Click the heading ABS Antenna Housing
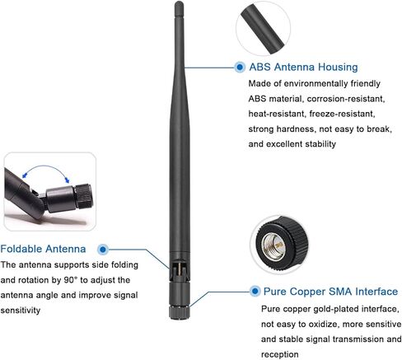click(303, 67)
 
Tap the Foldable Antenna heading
click(43, 249)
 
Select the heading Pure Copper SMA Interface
click(330, 292)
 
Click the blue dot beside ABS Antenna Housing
click(240, 67)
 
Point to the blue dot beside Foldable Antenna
click(103, 250)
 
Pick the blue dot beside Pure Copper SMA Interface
click(255, 291)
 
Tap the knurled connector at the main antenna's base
click(180, 313)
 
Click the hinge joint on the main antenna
click(179, 269)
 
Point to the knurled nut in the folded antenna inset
click(85, 196)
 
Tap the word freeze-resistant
click(342, 114)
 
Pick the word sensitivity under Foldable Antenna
click(21, 311)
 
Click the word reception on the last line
click(279, 354)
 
